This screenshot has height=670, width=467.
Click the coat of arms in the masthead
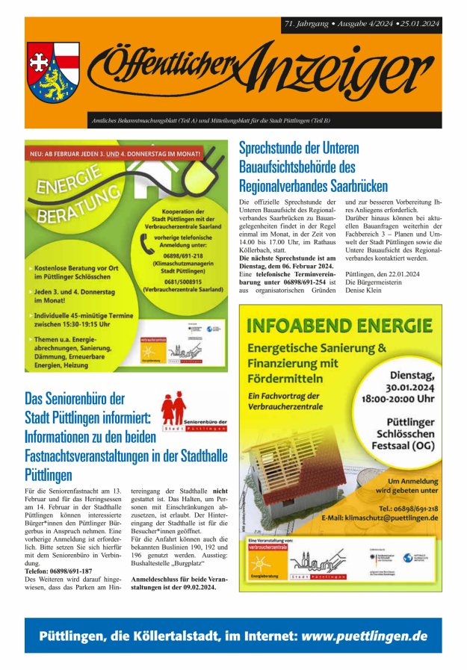click(53, 72)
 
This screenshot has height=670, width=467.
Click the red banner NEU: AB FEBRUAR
click(115, 155)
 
